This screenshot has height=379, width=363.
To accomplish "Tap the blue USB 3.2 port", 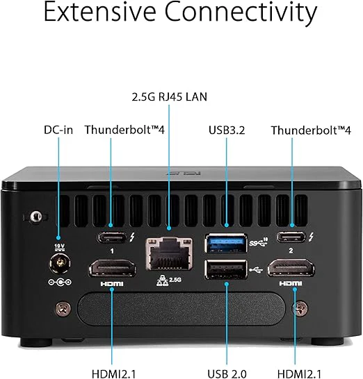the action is (226, 243).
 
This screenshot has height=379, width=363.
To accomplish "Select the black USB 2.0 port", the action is (226, 269).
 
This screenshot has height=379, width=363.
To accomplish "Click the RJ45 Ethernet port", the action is (169, 254).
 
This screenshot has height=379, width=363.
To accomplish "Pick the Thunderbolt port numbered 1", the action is (112, 237).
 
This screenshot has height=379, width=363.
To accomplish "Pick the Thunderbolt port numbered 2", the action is (291, 237).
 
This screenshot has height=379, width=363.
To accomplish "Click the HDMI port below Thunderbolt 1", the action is (112, 267).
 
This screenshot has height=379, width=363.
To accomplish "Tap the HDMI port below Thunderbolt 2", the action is (291, 267).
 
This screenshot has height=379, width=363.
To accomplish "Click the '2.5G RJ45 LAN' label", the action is (170, 96).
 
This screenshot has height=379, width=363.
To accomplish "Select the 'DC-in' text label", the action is (58, 130).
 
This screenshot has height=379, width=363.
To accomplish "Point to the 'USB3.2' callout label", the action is (227, 130).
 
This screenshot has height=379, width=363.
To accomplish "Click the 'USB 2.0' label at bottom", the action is (227, 373).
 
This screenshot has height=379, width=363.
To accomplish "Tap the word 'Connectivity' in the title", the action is (241, 12).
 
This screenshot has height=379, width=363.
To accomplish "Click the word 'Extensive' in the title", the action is (99, 12).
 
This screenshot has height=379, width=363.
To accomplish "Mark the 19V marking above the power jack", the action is (59, 247).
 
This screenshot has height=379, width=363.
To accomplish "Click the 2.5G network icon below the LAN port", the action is (169, 281).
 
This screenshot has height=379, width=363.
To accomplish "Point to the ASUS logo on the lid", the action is (184, 174).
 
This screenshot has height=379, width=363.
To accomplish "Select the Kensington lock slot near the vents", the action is (35, 217).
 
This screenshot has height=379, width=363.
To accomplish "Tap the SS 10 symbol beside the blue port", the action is (259, 242).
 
